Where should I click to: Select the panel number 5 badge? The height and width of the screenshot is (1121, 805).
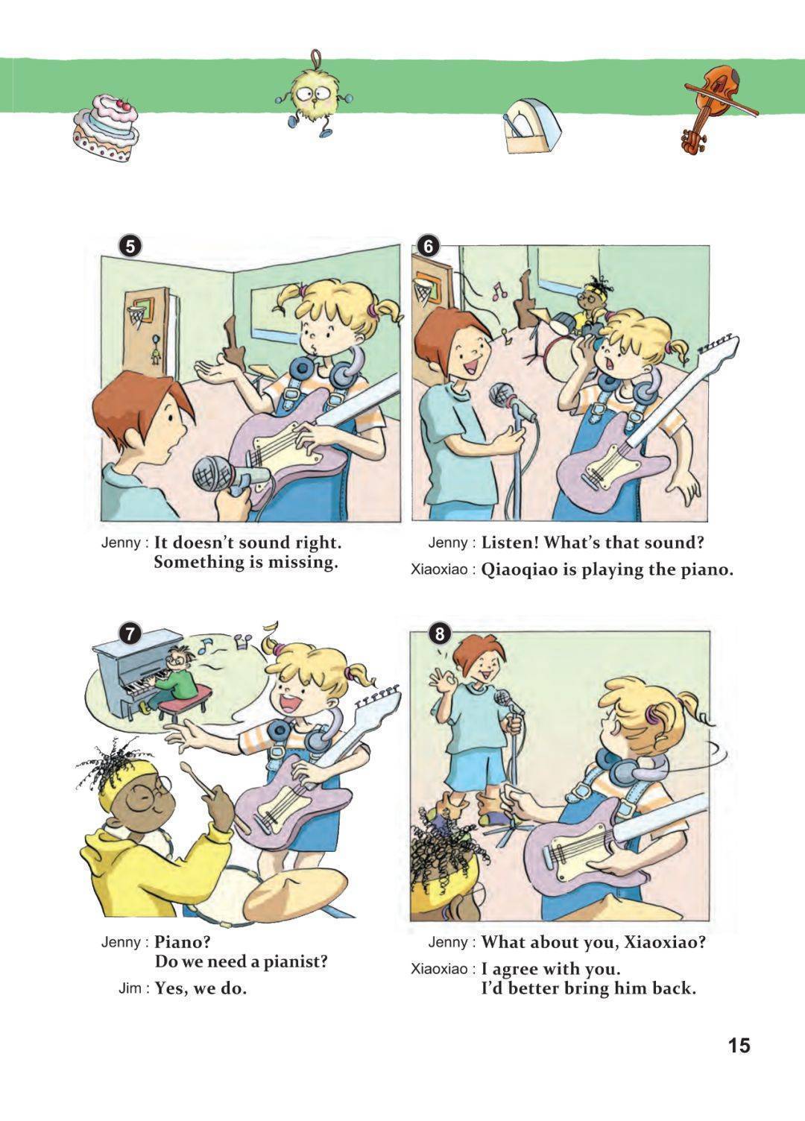click(130, 247)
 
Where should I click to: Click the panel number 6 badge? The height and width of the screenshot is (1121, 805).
click(429, 246)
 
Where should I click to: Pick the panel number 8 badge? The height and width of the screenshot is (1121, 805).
click(440, 634)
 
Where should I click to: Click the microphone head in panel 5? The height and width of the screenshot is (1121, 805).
click(214, 473)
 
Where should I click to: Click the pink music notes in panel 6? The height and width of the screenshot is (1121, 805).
click(498, 290)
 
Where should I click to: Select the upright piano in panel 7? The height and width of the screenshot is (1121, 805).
click(135, 669)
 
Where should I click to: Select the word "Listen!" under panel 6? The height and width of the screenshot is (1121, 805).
click(510, 543)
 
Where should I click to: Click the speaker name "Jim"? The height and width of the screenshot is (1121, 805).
click(132, 989)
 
